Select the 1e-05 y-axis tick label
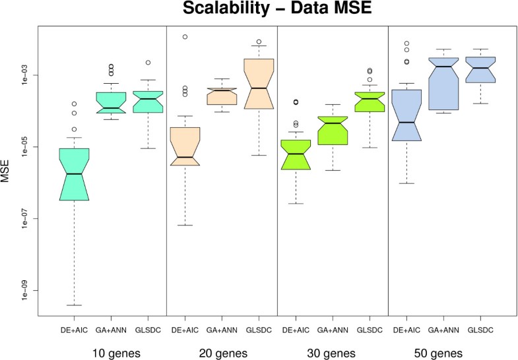coord(27,147)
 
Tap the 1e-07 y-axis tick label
coord(27,218)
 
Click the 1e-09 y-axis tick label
coord(27,290)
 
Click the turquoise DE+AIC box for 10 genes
coord(75,174)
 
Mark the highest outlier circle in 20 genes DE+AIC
coord(185,36)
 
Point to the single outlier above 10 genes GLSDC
coord(148,63)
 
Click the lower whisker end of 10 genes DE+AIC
coord(75,305)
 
